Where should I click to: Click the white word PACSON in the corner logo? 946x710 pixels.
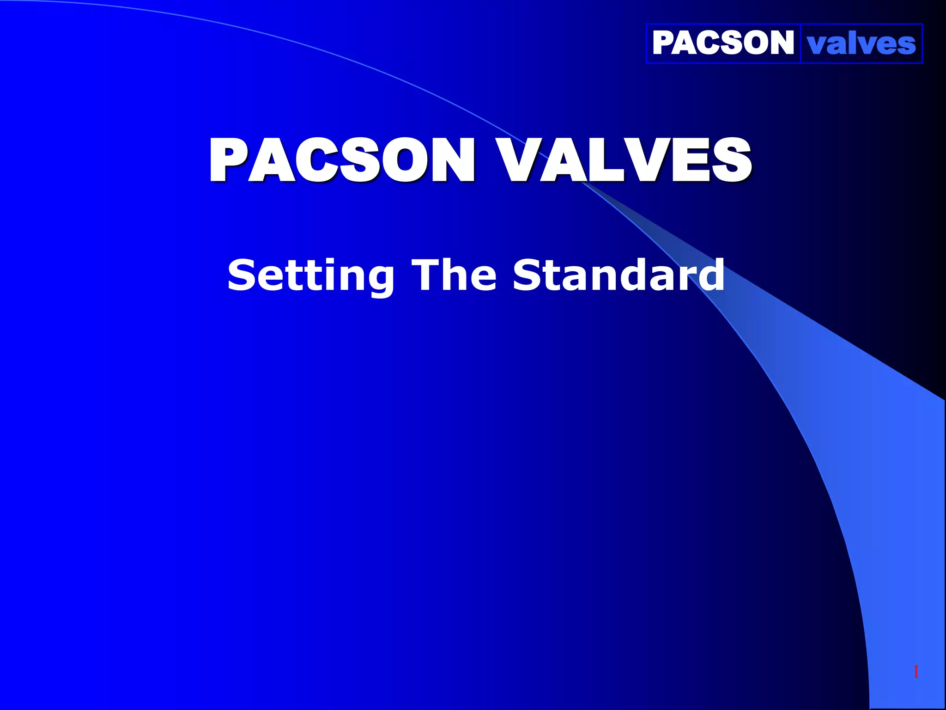722,43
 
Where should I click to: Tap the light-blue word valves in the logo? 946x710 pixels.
861,44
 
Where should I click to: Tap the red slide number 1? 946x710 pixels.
916,672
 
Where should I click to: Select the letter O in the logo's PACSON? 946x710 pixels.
754,43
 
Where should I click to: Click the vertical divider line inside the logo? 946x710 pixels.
800,43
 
